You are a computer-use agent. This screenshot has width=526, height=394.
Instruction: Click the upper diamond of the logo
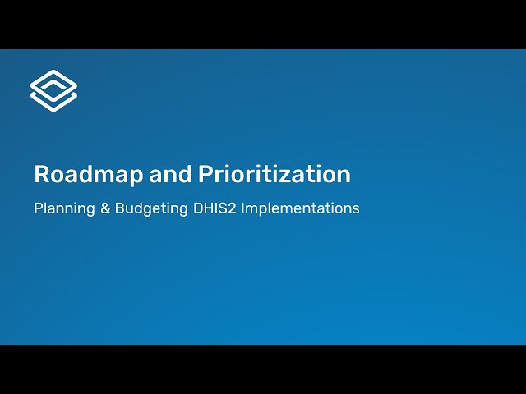point(53,83)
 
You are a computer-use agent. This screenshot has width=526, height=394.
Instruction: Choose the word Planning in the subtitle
point(63,208)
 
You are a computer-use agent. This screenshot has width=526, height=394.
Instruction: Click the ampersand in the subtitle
point(104,208)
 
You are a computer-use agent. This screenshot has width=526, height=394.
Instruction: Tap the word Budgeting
point(150,208)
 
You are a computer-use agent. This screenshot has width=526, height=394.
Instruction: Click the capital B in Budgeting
point(120,208)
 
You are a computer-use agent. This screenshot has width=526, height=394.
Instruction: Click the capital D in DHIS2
point(197,208)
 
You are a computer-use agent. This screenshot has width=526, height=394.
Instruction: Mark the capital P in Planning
point(38,208)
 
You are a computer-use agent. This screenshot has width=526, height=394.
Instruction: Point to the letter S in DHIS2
point(224,208)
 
